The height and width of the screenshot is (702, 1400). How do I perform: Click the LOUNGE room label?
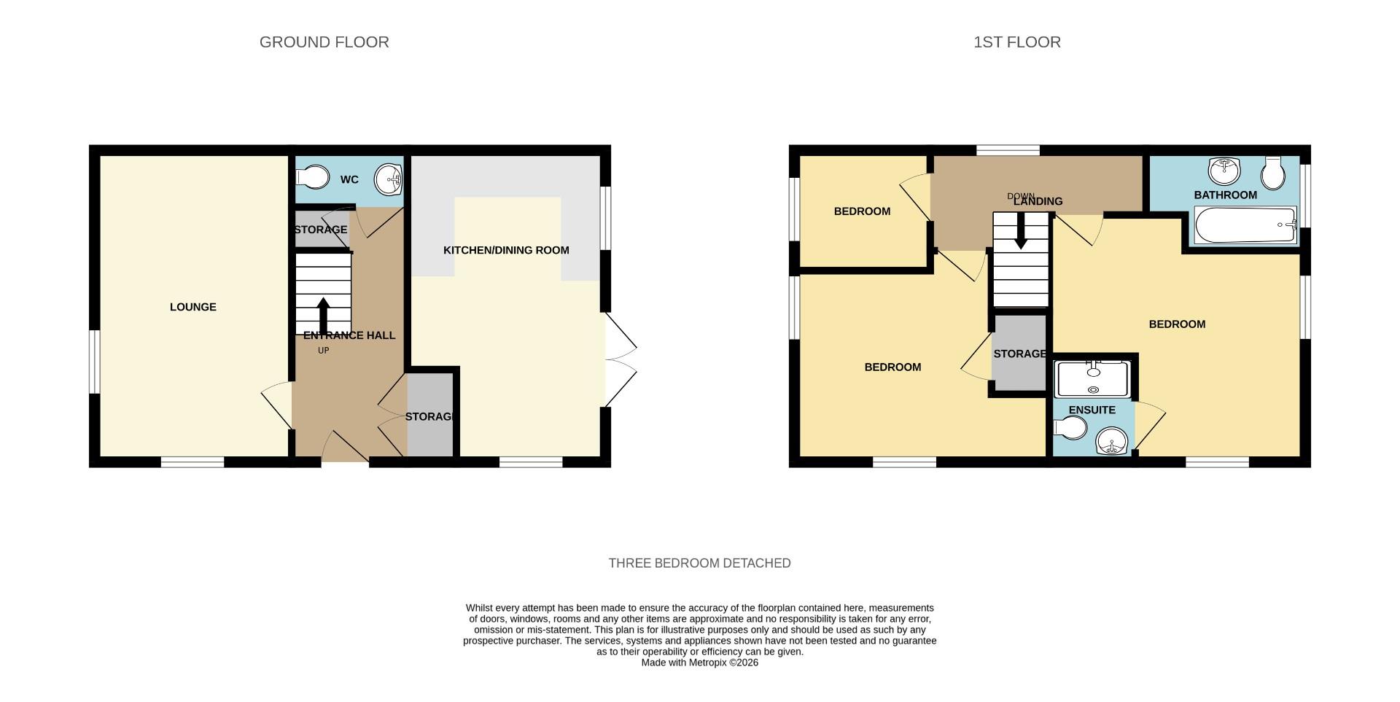pos(192,307)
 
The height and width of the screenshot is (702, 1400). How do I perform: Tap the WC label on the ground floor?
pos(349,179)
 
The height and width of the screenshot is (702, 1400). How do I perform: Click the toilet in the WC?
pos(313,177)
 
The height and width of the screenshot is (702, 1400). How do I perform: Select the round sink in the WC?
pos(388,177)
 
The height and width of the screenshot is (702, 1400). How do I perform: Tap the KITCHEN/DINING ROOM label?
pos(506,250)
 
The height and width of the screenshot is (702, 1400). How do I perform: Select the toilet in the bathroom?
pos(1274,172)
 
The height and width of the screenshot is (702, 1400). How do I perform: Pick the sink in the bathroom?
pos(1224,171)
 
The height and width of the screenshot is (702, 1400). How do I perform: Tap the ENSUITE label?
pos(1092,410)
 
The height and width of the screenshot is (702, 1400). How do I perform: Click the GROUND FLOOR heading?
pos(324,42)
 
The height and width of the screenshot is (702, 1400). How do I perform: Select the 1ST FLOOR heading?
pos(1016,42)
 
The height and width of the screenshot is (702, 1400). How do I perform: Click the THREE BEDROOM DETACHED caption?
pos(699,563)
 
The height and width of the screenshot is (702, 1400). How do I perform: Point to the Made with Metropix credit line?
pos(699,663)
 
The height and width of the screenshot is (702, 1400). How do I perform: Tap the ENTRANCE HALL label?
pos(349,335)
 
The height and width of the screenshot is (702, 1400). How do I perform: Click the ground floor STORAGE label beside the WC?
pos(320,230)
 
